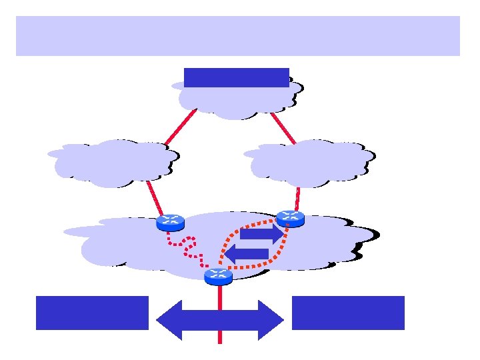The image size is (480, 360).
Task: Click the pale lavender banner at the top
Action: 237,36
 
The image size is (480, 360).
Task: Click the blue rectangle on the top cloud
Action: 236,77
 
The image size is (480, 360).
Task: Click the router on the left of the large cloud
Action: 170,223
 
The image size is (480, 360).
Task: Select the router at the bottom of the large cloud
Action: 218,276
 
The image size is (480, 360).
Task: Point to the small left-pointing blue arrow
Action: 247,254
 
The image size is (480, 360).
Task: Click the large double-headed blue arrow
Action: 219,321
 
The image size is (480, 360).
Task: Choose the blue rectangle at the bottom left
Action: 92,313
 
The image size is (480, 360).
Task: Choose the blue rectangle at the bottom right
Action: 348,313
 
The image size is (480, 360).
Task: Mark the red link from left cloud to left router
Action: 154,198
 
